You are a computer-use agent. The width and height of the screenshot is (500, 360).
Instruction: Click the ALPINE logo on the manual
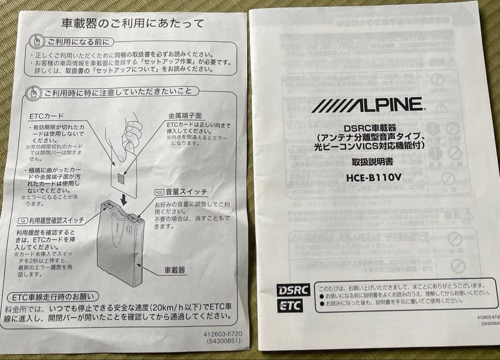[x=367, y=105]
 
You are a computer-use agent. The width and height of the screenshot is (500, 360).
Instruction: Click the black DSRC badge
[x=293, y=290]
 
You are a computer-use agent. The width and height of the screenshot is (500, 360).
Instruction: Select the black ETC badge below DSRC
[x=290, y=305]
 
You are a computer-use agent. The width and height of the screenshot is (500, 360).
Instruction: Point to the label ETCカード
[x=47, y=116]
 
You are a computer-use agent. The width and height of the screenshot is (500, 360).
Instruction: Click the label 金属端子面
[x=185, y=115]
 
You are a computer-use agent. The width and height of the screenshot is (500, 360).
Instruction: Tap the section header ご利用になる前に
[x=77, y=42]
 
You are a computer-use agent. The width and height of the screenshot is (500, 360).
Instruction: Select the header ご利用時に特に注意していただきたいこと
[x=118, y=92]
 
